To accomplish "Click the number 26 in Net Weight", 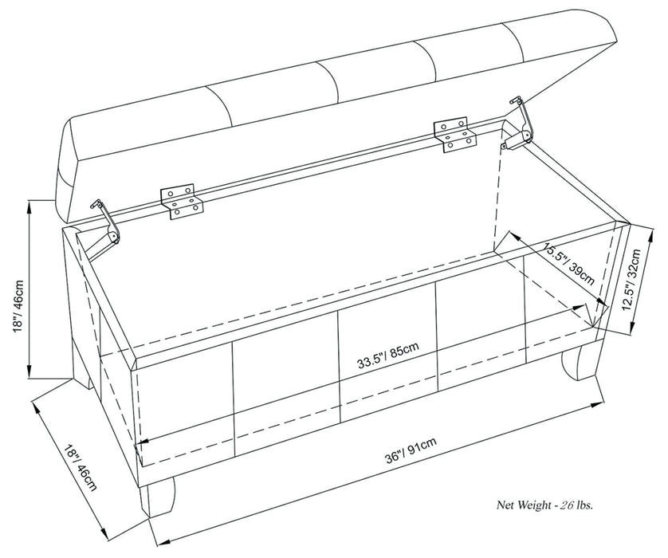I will click(568, 505).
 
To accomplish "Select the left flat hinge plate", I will click(183, 200).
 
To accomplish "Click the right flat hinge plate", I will click(454, 134).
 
